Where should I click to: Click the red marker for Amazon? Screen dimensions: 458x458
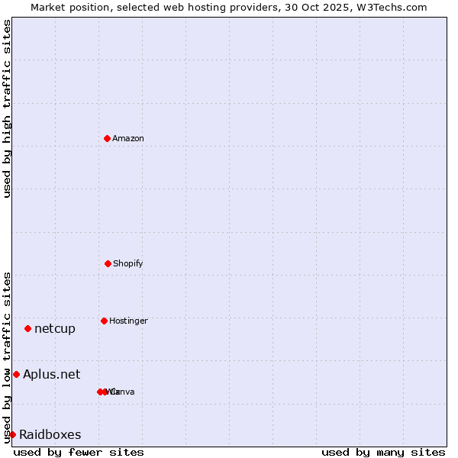click(107, 138)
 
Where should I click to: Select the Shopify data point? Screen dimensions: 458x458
click(108, 263)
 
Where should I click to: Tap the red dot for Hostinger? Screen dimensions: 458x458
click(104, 321)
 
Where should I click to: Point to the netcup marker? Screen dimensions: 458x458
click(27, 328)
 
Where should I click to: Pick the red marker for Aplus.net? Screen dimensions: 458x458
click(16, 374)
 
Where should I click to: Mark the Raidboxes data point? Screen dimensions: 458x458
click(12, 434)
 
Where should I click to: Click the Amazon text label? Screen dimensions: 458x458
click(128, 138)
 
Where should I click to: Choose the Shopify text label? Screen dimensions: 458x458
click(128, 263)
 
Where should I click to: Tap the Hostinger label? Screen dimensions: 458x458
click(128, 321)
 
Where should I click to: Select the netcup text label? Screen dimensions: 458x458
click(55, 328)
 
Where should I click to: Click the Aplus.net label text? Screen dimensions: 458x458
click(51, 374)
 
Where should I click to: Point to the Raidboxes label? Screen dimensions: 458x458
click(50, 434)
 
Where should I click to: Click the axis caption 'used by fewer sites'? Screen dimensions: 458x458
click(79, 452)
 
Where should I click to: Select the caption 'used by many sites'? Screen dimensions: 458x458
click(383, 452)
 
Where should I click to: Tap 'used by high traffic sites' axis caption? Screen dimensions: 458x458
click(7, 108)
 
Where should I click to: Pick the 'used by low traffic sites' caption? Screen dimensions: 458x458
click(7, 356)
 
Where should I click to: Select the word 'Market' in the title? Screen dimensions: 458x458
click(47, 7)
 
